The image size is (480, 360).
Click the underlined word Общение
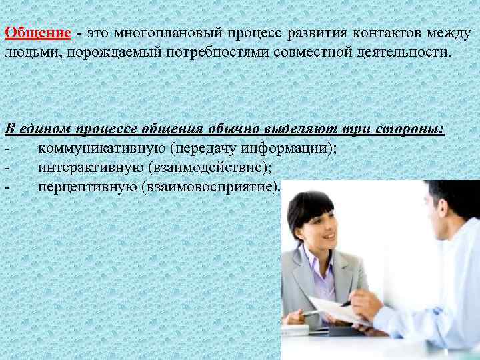(37, 33)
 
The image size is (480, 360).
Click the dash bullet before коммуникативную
(7, 147)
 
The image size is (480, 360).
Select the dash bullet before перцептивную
(7, 186)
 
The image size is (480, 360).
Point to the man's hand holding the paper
(365, 305)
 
